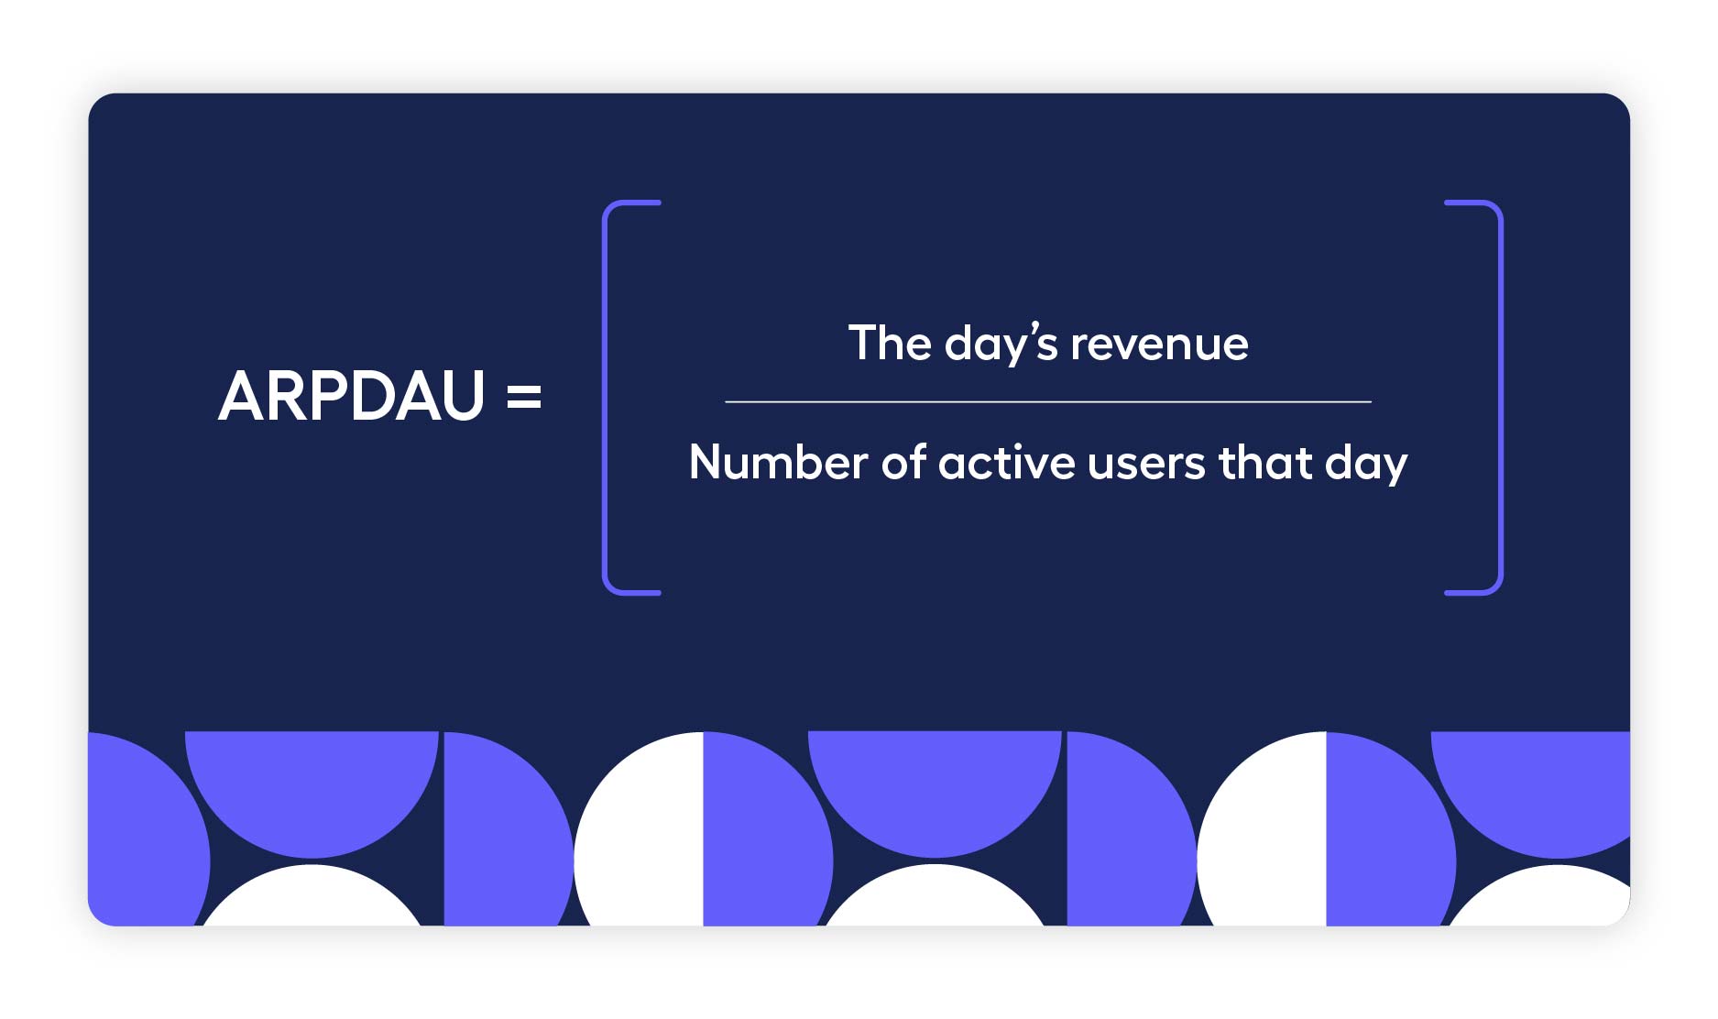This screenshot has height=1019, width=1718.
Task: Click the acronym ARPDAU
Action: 351,397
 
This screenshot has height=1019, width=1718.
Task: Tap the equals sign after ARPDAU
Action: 524,397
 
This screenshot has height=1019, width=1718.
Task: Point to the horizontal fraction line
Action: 1047,401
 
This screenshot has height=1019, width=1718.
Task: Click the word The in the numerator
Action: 889,344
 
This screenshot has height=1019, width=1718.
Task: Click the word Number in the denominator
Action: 778,462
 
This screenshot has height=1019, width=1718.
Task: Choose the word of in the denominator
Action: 903,462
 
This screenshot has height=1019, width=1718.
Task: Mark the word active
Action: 1007,462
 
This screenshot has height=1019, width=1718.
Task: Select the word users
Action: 1146,464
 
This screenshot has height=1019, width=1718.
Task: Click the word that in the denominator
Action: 1265,462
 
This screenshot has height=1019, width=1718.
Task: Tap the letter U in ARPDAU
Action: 461,397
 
